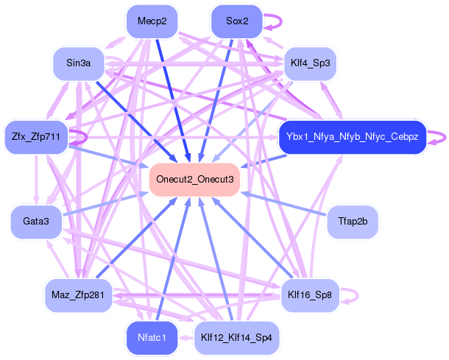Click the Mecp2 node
[152, 21]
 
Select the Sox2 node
[237, 21]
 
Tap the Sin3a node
[79, 63]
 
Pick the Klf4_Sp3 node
[310, 63]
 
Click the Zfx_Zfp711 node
[36, 137]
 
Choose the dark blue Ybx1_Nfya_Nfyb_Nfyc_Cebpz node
[353, 137]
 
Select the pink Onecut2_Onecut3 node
[195, 180]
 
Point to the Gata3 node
[36, 222]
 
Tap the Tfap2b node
[353, 222]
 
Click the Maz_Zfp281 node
[79, 295]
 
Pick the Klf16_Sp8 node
[310, 295]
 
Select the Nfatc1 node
[152, 338]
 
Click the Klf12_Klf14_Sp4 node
[236, 338]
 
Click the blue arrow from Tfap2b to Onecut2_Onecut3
[283, 204]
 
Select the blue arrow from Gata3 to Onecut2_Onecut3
[105, 204]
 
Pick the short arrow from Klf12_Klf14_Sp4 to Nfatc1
[185, 338]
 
